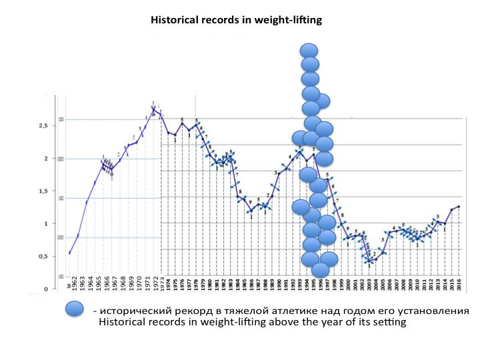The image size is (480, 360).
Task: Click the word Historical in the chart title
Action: [175, 20]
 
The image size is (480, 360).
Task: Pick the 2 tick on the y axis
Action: [45, 159]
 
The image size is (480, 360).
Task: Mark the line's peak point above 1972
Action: [154, 108]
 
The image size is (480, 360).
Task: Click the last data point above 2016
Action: [459, 207]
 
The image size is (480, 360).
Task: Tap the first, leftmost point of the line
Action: [70, 253]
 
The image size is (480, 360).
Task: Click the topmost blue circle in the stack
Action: [309, 50]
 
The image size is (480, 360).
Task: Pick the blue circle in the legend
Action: [75, 309]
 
